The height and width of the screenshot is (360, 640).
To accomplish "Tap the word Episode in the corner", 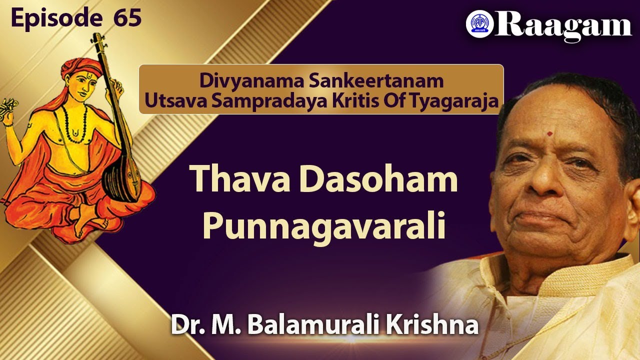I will click(54, 18).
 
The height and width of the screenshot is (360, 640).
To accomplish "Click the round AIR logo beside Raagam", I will click(479, 25).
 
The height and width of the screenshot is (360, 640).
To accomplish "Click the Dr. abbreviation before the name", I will click(186, 325).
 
